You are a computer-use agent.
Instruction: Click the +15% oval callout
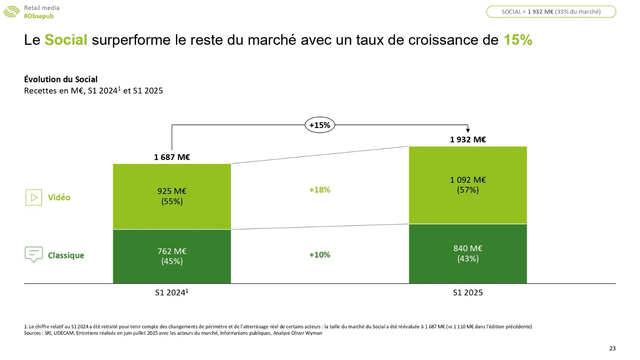point(320,125)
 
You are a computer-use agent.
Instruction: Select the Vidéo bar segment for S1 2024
point(172,196)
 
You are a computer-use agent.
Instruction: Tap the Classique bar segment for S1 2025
point(468,254)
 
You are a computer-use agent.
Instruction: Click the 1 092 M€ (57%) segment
point(468,185)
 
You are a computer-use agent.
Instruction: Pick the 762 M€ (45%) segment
point(172,256)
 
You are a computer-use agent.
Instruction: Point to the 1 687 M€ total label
point(172,157)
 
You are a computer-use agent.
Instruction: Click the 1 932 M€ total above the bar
point(468,140)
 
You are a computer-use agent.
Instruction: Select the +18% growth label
point(320,190)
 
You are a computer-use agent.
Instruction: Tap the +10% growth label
point(320,255)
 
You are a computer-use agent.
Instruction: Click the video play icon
point(34,198)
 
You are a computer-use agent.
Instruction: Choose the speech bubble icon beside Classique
point(34,254)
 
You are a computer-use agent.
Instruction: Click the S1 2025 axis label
point(468,293)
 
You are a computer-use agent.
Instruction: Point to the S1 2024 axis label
point(172,293)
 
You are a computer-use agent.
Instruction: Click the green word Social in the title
point(66,40)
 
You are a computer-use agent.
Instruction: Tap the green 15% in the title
point(518,40)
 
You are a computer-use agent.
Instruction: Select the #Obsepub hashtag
point(38,16)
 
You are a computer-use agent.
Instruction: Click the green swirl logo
point(11,12)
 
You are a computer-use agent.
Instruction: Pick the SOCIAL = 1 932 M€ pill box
point(551,12)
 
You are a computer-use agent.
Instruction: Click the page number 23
point(612,348)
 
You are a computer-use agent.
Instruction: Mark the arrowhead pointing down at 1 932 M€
point(468,130)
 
